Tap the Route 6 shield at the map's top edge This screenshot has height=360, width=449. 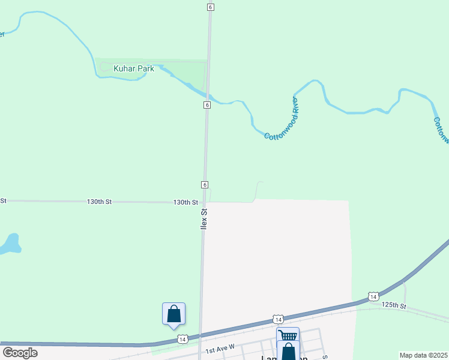click(210, 7)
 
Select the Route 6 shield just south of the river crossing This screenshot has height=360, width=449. click(206, 105)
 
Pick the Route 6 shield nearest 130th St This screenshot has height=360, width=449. click(205, 184)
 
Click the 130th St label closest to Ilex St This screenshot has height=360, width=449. click(185, 203)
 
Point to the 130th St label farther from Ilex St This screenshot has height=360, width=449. click(100, 202)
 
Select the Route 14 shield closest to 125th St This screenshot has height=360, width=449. click(373, 297)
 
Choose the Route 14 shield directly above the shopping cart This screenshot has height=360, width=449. click(278, 319)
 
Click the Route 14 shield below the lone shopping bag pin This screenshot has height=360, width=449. click(182, 340)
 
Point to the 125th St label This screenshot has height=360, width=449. click(394, 305)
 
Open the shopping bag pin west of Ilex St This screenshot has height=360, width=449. click(173, 314)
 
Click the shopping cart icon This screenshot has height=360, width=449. click(288, 336)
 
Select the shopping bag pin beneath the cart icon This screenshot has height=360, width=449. click(288, 351)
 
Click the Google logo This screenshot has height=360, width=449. click(20, 353)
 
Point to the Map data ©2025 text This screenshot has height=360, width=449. click(423, 355)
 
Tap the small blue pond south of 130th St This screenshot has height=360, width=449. click(10, 244)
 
